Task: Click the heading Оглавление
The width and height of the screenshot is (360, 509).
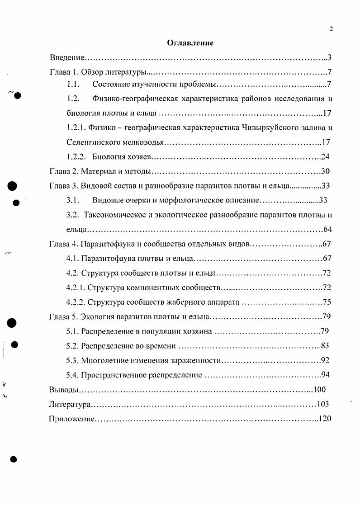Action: (190, 43)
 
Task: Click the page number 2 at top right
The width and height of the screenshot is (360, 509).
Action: (331, 29)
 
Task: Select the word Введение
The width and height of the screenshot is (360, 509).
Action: (67, 58)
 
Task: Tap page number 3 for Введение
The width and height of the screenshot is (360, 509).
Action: (330, 58)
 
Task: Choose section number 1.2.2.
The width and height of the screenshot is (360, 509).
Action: (76, 157)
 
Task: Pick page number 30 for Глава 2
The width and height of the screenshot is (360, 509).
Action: (326, 171)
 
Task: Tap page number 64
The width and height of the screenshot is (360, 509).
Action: (327, 229)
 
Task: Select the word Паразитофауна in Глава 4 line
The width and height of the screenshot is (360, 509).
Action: (105, 244)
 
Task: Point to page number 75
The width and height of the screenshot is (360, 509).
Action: (327, 302)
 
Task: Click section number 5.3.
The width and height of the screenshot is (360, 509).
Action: (72, 360)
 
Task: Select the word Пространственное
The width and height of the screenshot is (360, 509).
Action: (113, 375)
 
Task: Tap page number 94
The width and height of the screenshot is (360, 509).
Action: (326, 375)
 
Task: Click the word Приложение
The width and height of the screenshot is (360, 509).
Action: (71, 418)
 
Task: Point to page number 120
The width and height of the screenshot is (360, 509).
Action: (325, 418)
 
